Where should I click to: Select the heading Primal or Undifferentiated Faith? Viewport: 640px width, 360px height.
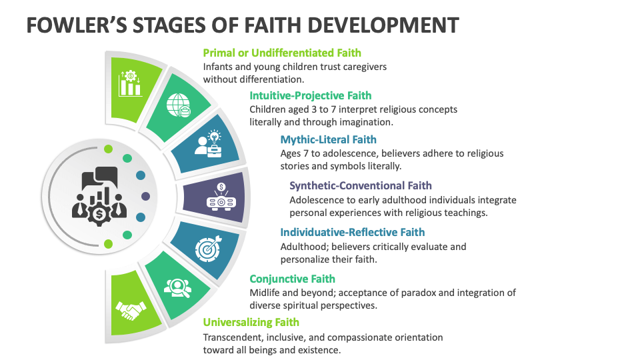pyautogui.click(x=282, y=53)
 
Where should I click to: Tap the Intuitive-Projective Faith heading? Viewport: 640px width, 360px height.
pyautogui.click(x=311, y=95)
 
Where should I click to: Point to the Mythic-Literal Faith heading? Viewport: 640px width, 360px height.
pyautogui.click(x=328, y=139)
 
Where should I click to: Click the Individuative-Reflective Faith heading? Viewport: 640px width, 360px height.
pyautogui.click(x=352, y=232)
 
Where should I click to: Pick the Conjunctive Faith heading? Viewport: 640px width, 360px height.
pyautogui.click(x=292, y=279)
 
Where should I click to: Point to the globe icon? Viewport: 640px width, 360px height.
pyautogui.click(x=179, y=105)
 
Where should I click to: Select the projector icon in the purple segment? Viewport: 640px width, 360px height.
pyautogui.click(x=221, y=196)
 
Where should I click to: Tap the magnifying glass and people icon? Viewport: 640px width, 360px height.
pyautogui.click(x=177, y=287)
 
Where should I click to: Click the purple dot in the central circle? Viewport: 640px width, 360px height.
pyautogui.click(x=145, y=196)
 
